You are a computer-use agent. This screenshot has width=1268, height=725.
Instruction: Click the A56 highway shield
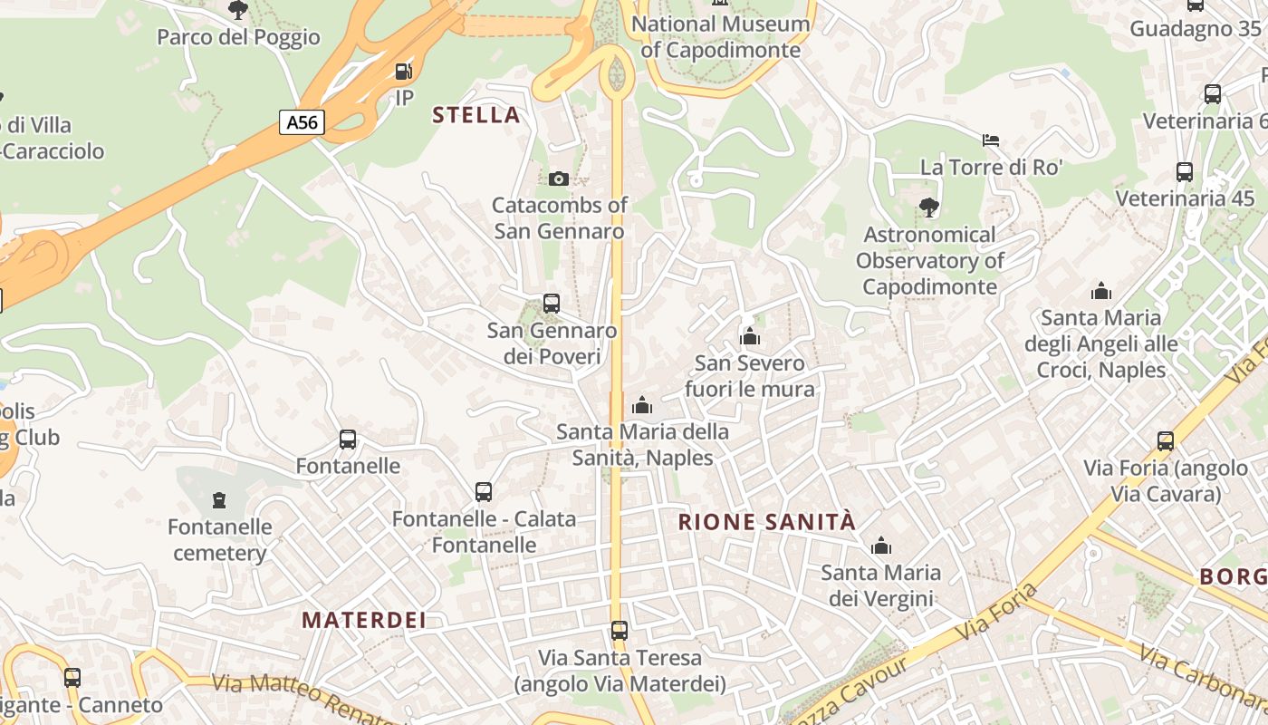[302, 121]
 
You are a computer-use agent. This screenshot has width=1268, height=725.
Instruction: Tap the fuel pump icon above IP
[404, 71]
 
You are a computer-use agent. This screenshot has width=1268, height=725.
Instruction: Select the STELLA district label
[476, 115]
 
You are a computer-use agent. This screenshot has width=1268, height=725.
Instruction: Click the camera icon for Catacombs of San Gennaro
[559, 179]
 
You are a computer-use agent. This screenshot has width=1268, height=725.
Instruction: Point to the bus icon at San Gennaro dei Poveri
[552, 304]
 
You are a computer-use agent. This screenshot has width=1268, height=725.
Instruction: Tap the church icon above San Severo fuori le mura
[750, 337]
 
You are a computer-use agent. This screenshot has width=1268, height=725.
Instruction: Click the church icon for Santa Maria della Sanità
[642, 405]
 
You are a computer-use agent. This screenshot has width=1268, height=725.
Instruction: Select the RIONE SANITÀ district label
[766, 522]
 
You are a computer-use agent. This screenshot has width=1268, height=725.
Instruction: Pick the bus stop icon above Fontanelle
[348, 440]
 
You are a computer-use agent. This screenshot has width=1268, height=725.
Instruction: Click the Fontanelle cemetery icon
[218, 499]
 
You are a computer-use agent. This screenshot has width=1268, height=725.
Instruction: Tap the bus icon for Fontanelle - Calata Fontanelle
[484, 492]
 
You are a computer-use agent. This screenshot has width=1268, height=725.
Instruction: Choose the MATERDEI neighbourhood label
[364, 621]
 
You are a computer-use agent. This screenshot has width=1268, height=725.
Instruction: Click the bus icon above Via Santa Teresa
[620, 630]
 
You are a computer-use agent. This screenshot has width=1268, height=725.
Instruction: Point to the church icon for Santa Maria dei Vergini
[881, 546]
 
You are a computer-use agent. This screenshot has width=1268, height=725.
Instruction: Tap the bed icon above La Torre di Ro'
[991, 140]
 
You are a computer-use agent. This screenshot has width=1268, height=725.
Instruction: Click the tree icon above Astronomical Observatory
[928, 208]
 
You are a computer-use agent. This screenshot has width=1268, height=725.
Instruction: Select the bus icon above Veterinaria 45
[1185, 171]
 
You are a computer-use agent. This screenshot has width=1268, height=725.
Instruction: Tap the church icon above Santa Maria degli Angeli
[1101, 291]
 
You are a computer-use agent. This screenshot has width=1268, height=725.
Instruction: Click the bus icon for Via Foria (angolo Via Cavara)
[1166, 441]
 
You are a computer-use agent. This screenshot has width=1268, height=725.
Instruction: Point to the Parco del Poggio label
[239, 37]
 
